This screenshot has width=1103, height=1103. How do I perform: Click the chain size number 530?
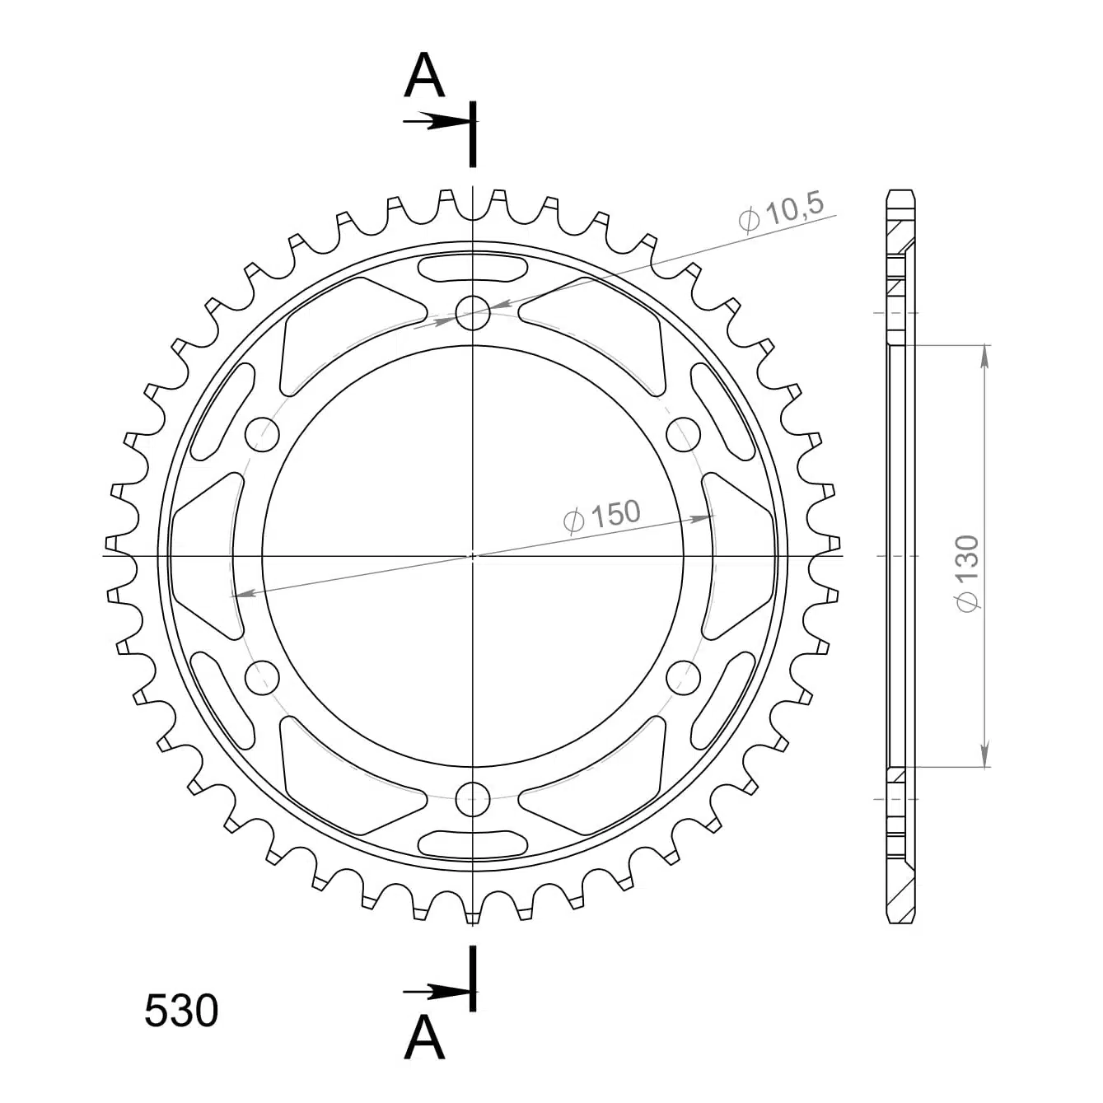[x=181, y=1010]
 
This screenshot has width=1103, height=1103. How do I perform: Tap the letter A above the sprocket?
[x=424, y=76]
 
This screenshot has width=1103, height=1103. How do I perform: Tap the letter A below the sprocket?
[x=424, y=1037]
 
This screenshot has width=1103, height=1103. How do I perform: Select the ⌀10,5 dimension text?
[x=781, y=213]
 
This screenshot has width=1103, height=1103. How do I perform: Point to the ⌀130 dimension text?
[x=967, y=573]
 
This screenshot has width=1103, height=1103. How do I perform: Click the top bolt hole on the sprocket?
[x=473, y=313]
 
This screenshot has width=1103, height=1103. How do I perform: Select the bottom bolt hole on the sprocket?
[x=473, y=798]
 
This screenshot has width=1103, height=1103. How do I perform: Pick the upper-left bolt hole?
[x=262, y=434]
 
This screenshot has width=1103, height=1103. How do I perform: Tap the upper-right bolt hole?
[x=684, y=434]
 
